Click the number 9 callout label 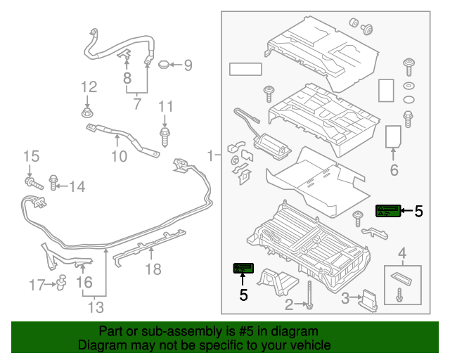(188, 65)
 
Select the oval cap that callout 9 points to (163, 65)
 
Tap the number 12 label (88, 87)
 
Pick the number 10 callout (119, 156)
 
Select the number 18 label (153, 269)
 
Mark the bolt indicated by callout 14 (55, 184)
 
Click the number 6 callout (394, 169)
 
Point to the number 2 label (289, 305)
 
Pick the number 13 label (96, 307)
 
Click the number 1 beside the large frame (211, 155)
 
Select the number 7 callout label (136, 105)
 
